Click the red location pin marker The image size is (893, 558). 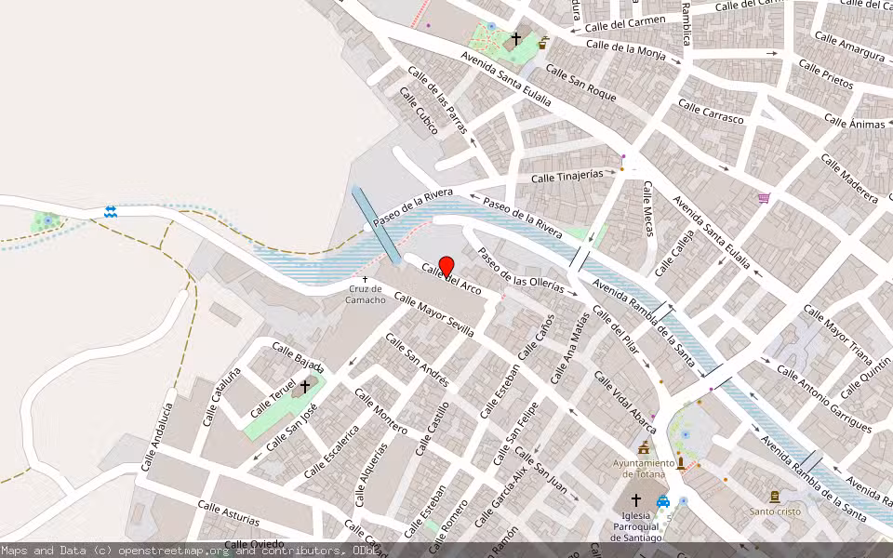[446, 266]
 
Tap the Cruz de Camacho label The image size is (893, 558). [366, 294]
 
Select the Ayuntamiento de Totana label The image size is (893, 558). [644, 468]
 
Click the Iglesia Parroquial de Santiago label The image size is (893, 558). [636, 526]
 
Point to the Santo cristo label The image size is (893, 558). [774, 511]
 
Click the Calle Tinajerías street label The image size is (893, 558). [567, 176]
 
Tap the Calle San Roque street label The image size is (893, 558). [581, 82]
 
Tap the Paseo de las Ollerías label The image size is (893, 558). [521, 271]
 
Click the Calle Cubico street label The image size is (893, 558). [419, 111]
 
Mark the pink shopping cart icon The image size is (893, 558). [764, 198]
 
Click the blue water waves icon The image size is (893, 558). [111, 212]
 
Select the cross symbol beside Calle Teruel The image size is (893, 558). [304, 385]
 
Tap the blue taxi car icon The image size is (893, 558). [663, 502]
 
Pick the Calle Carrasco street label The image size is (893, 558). [712, 113]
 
